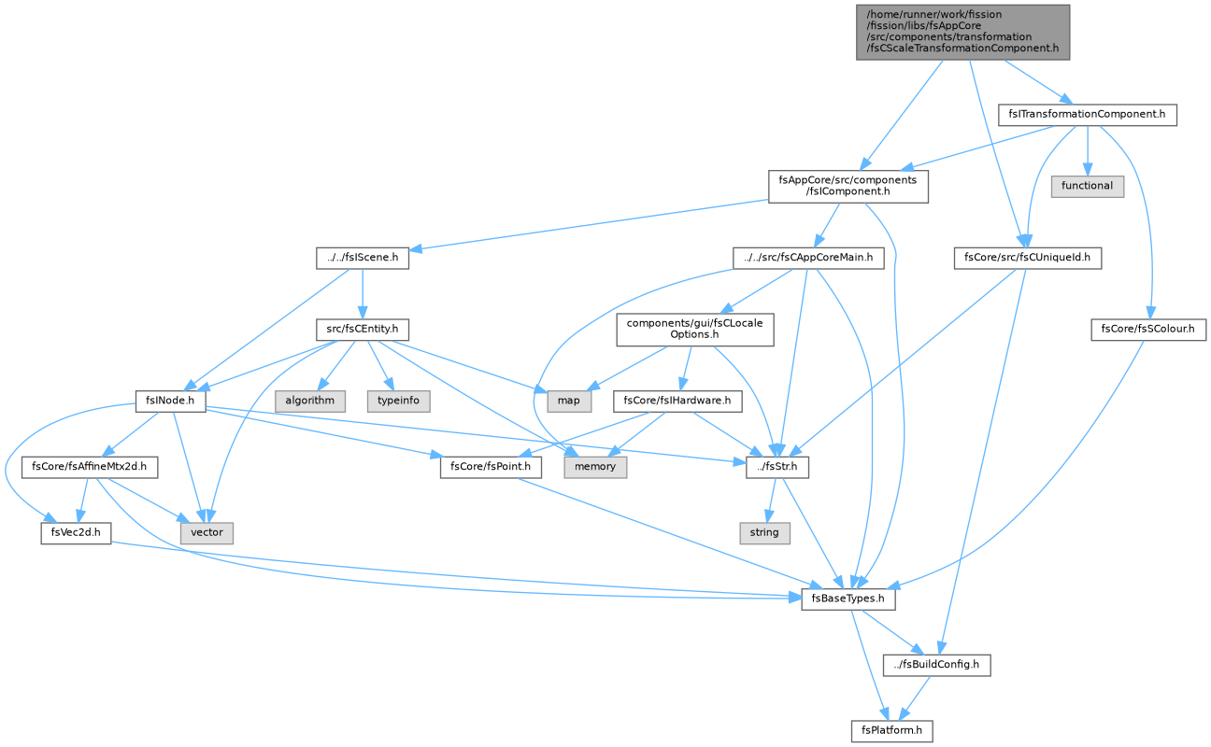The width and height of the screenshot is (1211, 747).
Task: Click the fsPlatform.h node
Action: [x=891, y=730]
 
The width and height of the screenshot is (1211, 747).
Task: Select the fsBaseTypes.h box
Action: [x=848, y=599]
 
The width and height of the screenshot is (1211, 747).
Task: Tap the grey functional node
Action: [x=1088, y=186]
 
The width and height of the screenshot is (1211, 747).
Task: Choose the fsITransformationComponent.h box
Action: [x=1088, y=115]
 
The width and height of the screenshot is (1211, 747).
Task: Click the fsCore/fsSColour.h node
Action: [x=1148, y=329]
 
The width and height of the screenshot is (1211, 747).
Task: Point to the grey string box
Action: [x=764, y=532]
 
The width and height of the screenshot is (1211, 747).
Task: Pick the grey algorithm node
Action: [x=310, y=401]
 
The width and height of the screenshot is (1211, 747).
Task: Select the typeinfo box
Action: [x=398, y=401]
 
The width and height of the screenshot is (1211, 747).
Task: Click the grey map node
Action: [x=569, y=401]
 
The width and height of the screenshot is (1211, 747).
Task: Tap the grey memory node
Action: [x=595, y=467]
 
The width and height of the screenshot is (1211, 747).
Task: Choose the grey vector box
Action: [x=207, y=532]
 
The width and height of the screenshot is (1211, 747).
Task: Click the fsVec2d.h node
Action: [x=76, y=532]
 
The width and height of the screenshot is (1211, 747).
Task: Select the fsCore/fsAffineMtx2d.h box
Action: [x=89, y=467]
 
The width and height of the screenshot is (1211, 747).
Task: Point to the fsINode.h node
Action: [x=170, y=401]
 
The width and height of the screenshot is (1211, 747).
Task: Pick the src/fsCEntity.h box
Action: [x=363, y=329]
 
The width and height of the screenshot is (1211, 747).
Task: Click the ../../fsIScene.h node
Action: [x=363, y=258]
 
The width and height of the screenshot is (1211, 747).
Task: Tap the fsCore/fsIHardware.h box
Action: [x=677, y=401]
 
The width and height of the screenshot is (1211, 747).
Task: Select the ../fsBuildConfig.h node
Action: [x=937, y=664]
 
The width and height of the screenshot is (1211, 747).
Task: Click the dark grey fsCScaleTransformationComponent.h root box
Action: [x=962, y=32]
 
